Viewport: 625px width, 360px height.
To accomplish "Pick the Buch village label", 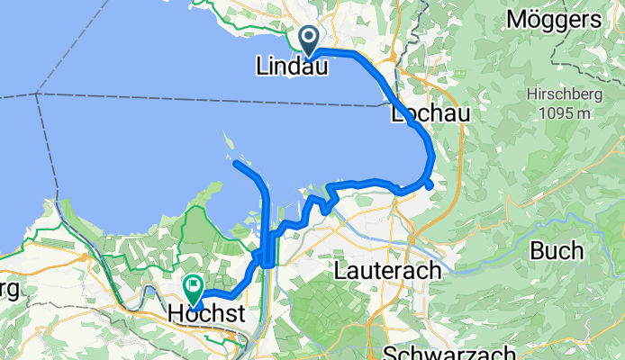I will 556,251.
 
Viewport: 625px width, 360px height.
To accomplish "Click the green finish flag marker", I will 194,287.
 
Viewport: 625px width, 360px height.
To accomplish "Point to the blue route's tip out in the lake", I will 236,164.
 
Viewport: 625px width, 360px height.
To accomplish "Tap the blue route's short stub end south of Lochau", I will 430,185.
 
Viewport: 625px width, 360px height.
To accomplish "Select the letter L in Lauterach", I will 339,269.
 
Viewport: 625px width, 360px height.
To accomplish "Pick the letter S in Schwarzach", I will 390,352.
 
